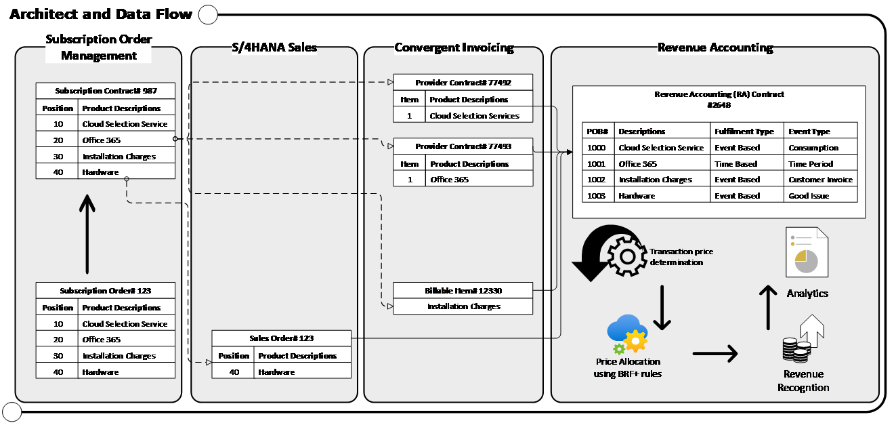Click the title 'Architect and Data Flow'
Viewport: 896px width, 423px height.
(x=101, y=14)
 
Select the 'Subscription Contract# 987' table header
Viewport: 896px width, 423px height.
(x=105, y=91)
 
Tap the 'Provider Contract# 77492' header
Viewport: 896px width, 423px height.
(x=463, y=83)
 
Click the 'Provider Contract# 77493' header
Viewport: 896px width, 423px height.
(x=463, y=146)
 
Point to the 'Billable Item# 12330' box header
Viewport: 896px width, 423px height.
(x=463, y=291)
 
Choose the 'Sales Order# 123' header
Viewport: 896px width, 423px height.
(x=281, y=338)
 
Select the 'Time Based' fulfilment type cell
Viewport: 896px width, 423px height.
(x=737, y=164)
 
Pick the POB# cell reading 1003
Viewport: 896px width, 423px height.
(x=597, y=196)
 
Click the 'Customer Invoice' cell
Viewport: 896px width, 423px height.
(x=820, y=180)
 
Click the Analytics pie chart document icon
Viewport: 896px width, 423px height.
(x=806, y=253)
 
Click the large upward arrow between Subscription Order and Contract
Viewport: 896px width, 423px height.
(x=87, y=234)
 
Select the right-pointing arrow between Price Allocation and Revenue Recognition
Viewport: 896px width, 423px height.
(x=714, y=352)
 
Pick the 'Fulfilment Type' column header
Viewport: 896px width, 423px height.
(x=744, y=132)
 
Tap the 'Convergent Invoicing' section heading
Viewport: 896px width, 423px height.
(x=454, y=48)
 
